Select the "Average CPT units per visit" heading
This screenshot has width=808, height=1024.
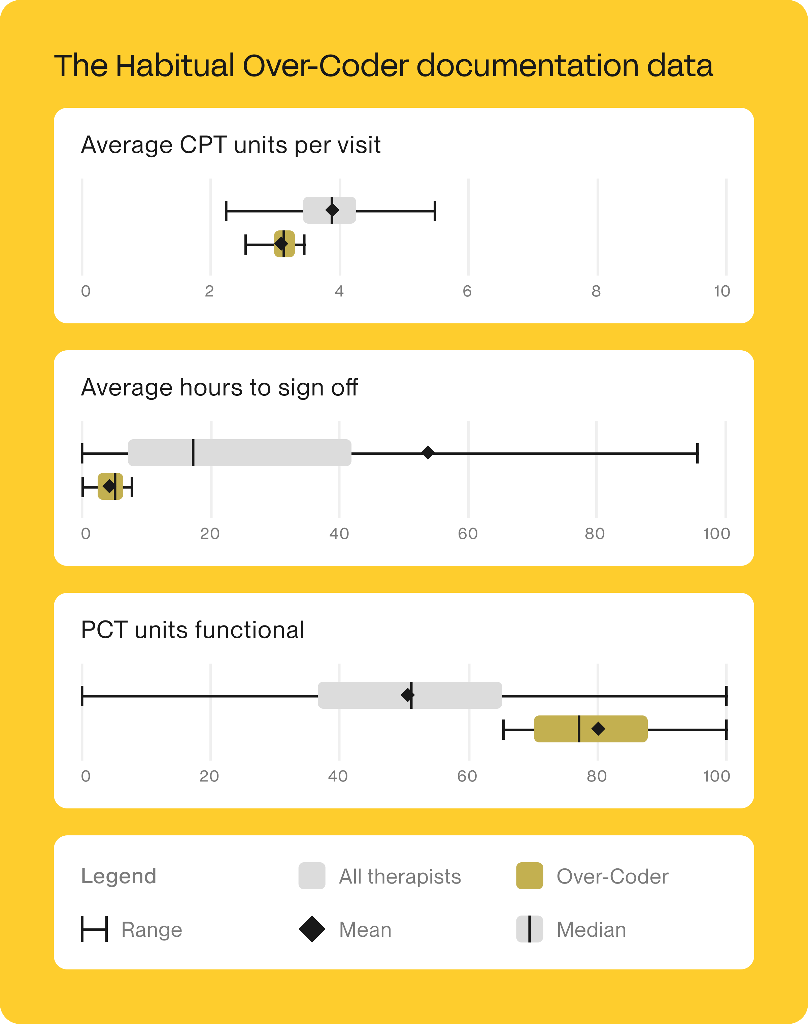(231, 145)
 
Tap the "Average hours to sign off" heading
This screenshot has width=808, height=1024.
(219, 388)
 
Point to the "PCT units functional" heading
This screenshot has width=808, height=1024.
(193, 630)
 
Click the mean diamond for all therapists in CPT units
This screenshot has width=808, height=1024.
(332, 210)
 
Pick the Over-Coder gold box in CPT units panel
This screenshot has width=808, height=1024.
(284, 244)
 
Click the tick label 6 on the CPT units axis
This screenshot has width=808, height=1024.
(467, 291)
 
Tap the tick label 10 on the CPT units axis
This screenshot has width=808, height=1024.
(722, 291)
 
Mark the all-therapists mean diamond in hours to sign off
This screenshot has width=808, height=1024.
(428, 452)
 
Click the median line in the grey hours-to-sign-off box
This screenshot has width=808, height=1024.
(193, 452)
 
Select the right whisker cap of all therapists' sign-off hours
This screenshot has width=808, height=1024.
(697, 453)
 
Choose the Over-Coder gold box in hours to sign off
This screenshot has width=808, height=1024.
(110, 486)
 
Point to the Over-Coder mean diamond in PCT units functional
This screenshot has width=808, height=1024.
(598, 729)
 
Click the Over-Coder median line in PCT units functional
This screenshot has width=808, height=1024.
(579, 729)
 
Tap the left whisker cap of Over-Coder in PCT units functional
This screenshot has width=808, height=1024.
(504, 729)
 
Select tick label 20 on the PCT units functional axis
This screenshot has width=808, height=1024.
(209, 776)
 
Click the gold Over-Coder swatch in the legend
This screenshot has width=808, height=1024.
(529, 876)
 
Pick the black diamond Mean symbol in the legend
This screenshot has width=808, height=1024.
(312, 929)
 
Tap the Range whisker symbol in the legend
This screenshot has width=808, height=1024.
(94, 929)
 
